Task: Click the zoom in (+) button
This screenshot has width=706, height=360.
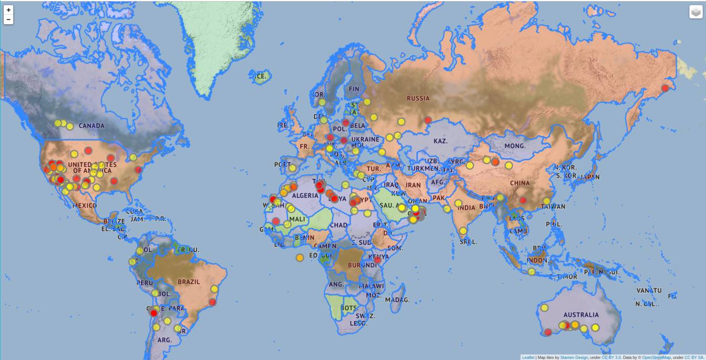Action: point(8,10)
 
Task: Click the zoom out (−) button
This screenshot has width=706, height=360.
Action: point(8,19)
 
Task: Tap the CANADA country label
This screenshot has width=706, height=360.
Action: point(91,126)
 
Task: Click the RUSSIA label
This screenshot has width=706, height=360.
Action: point(418,98)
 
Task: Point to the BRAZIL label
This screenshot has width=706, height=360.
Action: point(189,282)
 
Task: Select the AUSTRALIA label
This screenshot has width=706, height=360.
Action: point(581,315)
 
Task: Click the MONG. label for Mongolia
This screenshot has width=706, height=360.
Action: point(515,146)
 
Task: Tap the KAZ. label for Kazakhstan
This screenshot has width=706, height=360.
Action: point(441,141)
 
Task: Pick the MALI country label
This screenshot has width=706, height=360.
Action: point(297,219)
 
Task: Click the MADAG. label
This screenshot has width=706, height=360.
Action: point(397,300)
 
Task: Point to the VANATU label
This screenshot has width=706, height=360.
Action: point(649,291)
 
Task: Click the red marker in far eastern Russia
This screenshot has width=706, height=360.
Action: point(665,88)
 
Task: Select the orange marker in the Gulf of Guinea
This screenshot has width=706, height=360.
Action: point(300,258)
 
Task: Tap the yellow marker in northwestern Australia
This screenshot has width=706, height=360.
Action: point(545,307)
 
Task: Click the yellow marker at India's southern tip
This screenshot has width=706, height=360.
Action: point(463,230)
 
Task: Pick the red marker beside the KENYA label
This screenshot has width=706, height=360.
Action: point(377,259)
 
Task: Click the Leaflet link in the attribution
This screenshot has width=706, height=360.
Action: point(528,357)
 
